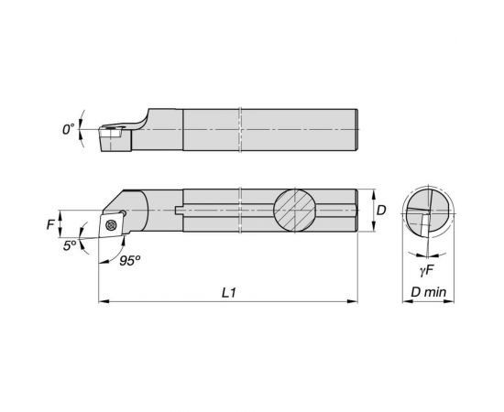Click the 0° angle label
coord(68,130)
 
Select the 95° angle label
coord(129,260)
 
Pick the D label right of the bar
coord(381,211)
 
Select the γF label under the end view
coord(426,271)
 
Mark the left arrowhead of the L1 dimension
coord(101,300)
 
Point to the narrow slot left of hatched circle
coord(220,211)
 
